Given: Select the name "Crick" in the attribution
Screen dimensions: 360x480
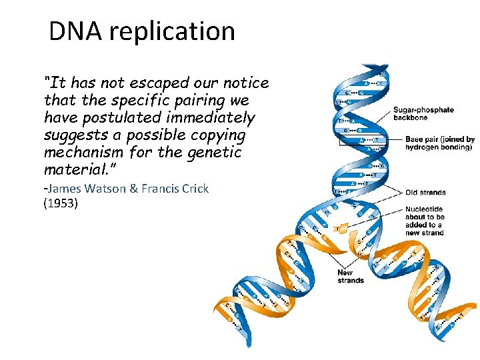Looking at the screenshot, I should click(x=193, y=189).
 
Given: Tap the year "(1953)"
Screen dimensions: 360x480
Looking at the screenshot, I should click(x=61, y=203).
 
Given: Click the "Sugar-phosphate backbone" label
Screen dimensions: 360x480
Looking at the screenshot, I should click(x=423, y=113).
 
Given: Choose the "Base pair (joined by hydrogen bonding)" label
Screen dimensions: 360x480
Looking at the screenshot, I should click(x=439, y=143).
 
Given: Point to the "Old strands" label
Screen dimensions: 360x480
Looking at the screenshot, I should click(x=425, y=193).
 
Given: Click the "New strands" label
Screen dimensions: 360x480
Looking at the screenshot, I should click(x=350, y=277).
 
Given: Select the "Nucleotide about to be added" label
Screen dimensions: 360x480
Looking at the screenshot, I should click(x=425, y=220).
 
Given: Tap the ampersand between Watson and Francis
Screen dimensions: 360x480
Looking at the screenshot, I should click(x=133, y=189).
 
